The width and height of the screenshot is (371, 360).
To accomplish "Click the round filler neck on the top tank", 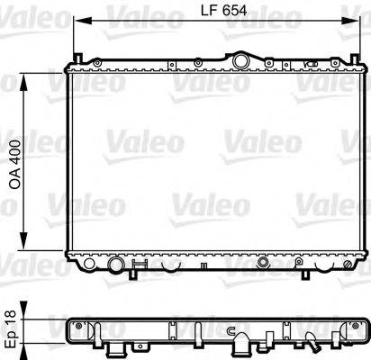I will point(240,60).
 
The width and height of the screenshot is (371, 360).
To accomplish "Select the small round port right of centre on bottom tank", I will point(263,265).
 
